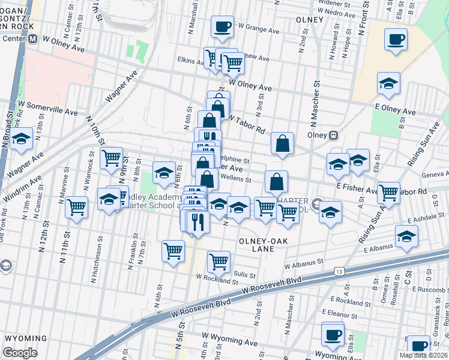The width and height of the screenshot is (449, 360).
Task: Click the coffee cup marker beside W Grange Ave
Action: click(222, 27)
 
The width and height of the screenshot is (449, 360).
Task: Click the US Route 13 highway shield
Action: click(340, 272)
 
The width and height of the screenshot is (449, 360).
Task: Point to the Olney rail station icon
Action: click(333, 135)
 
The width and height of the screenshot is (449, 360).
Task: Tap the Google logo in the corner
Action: click(20, 353)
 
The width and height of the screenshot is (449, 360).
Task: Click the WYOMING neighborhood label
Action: click(26, 338)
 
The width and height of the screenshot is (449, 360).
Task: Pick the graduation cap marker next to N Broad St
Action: click(22, 140)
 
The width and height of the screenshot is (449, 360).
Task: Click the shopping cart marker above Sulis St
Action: click(218, 262)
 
